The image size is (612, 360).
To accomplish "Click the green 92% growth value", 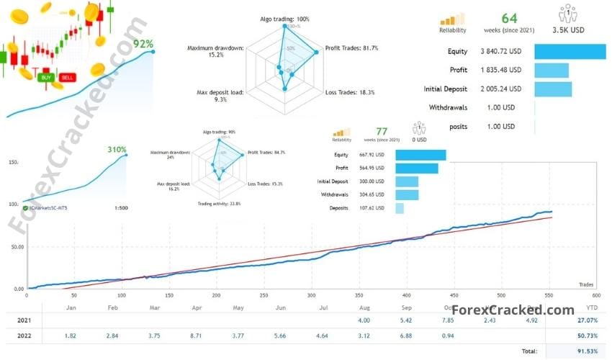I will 143,44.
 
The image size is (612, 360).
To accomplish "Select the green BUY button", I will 47,77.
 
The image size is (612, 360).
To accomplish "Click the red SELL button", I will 67,77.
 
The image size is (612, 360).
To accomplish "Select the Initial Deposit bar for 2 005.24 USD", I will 553,89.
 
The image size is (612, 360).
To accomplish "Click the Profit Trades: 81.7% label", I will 351,48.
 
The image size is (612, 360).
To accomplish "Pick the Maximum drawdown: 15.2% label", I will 215,53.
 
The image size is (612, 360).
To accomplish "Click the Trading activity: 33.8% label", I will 220,204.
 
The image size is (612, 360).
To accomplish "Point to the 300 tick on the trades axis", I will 311,294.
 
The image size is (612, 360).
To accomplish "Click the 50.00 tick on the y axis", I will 15,246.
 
